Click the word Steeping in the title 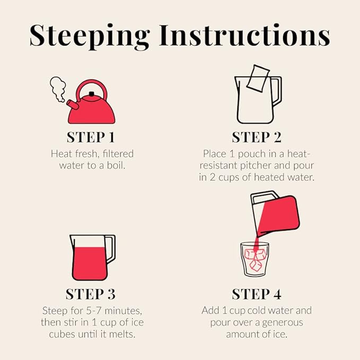pyautogui.click(x=90, y=37)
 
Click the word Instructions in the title pyautogui.click(x=244, y=35)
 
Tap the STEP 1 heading pyautogui.click(x=91, y=137)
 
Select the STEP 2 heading pyautogui.click(x=257, y=137)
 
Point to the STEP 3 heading pyautogui.click(x=91, y=294)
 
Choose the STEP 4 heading pyautogui.click(x=257, y=294)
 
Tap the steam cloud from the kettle pyautogui.click(x=58, y=89)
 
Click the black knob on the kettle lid pyautogui.click(x=91, y=94)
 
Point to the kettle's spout pyautogui.click(x=73, y=105)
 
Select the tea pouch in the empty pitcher pyautogui.click(x=258, y=78)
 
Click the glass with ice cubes pyautogui.click(x=254, y=259)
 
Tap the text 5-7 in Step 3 pyautogui.click(x=94, y=311)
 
